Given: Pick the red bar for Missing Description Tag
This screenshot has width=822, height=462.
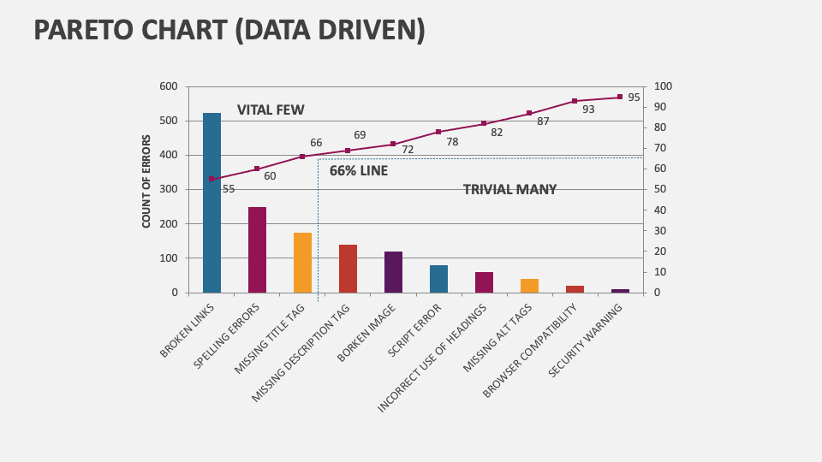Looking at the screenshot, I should click(x=348, y=269).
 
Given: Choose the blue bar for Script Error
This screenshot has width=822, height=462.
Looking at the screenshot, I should click(x=438, y=279).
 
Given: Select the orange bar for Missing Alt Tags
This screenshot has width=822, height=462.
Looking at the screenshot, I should click(x=529, y=286).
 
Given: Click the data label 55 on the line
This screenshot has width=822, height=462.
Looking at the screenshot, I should click(x=229, y=189).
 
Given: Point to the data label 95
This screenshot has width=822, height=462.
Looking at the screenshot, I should click(x=634, y=98).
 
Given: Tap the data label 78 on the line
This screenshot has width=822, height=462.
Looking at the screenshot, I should click(x=452, y=142).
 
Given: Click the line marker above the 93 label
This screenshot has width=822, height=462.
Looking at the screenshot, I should click(x=575, y=101).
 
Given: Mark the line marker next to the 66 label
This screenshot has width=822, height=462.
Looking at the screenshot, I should click(x=302, y=157).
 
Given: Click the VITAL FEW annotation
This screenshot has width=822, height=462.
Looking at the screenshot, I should click(x=271, y=110).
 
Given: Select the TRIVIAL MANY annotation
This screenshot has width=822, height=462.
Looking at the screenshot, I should click(x=509, y=190).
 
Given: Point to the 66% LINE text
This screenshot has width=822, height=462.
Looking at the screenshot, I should click(x=359, y=171).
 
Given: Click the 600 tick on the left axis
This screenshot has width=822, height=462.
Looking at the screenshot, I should click(x=169, y=86).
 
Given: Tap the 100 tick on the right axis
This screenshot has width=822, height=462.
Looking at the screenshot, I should click(x=663, y=86).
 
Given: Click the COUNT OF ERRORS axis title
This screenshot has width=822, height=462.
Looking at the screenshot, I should click(x=146, y=181).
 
